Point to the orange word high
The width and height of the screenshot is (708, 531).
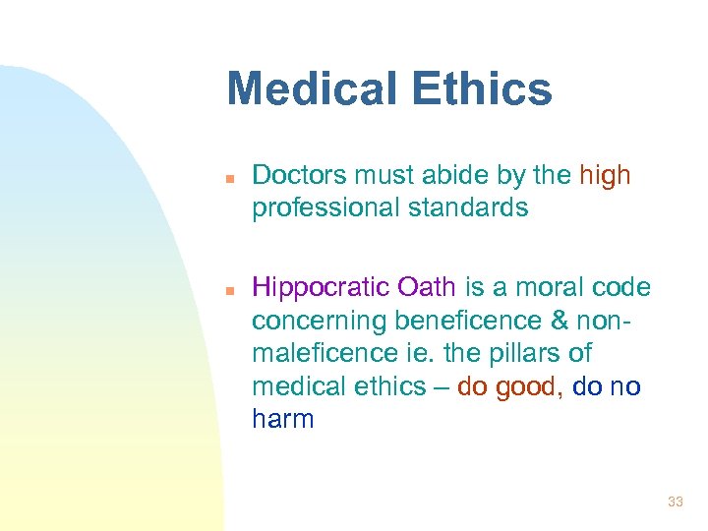click(x=606, y=175)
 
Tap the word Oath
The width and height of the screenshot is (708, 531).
click(x=427, y=287)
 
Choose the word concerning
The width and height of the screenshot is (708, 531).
click(x=319, y=321)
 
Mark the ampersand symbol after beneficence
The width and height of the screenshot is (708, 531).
click(x=558, y=321)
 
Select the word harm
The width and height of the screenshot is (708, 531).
click(x=282, y=420)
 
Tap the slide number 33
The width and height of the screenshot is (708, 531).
click(x=675, y=502)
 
